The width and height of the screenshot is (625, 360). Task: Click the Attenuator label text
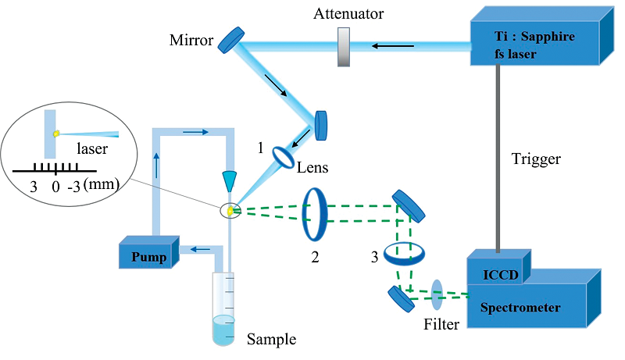pos(348,14)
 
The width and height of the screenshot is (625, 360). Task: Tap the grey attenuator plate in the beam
pos(344,47)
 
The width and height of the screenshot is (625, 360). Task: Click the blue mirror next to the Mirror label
pos(231,40)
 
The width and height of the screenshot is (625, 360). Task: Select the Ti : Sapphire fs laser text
pos(534,45)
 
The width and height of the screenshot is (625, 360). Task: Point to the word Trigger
pos(536,159)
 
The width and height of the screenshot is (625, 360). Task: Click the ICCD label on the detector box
pos(501,275)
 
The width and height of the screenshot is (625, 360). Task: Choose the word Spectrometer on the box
pos(520,308)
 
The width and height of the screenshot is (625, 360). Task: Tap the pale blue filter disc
pos(437,294)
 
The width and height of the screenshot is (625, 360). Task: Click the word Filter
pos(441,324)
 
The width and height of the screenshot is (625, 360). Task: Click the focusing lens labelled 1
pos(283,157)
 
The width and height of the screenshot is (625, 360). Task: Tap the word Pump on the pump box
pos(148,257)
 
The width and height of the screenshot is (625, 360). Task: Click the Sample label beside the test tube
pos(271,339)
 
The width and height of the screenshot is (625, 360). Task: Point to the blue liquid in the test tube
pos(223,330)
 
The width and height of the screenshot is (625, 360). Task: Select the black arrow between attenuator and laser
pos(393,46)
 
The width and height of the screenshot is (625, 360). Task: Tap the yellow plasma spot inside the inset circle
pos(56,134)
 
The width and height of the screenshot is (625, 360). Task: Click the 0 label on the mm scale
pos(55,187)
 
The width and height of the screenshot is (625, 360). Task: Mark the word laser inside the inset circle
pos(92,149)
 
